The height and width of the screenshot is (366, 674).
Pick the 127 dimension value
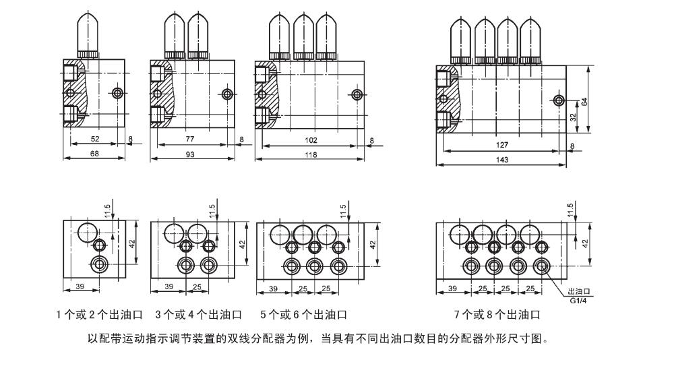point(500,145)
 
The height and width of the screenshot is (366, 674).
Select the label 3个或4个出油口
point(201,315)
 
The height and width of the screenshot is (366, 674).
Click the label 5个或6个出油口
point(303,315)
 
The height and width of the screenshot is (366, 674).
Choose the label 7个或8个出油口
point(497,315)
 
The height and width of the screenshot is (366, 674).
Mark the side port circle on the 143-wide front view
point(559,100)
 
